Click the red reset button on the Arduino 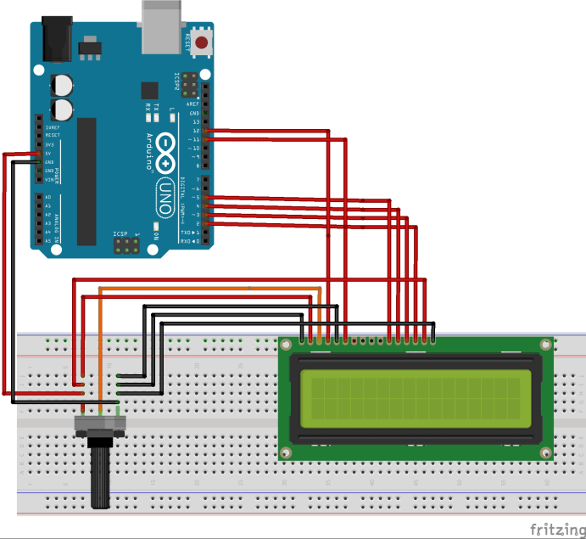point(202,42)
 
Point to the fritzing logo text point(556,529)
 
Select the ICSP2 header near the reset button point(188,85)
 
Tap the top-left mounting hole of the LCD point(287,345)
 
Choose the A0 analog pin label point(47,197)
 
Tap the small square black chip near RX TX point(150,90)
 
